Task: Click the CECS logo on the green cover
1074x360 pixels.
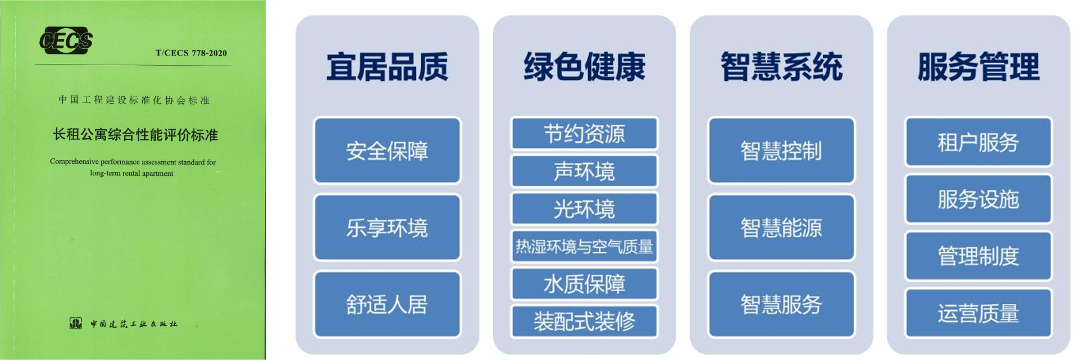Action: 66,40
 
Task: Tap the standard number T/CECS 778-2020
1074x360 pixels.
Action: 191,53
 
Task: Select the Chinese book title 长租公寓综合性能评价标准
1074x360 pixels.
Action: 135,135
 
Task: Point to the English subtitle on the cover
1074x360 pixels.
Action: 133,167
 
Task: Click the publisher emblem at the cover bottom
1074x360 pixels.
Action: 75,323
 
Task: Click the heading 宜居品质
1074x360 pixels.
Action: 387,67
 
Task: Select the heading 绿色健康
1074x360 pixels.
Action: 584,67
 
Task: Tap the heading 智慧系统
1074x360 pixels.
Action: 781,67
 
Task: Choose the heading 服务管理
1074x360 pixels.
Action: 979,67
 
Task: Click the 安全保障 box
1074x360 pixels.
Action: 387,151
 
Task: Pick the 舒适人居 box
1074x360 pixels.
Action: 387,304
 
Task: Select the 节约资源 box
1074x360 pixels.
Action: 584,134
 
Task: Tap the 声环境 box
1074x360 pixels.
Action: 584,171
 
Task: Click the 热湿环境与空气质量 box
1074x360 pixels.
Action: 584,246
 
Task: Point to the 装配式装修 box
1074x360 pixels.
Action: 584,321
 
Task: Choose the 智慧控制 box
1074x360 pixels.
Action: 781,151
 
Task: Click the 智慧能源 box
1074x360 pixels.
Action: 781,227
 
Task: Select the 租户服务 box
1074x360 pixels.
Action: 979,142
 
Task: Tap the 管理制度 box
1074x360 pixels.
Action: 979,256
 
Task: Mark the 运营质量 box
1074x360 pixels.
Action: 979,313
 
